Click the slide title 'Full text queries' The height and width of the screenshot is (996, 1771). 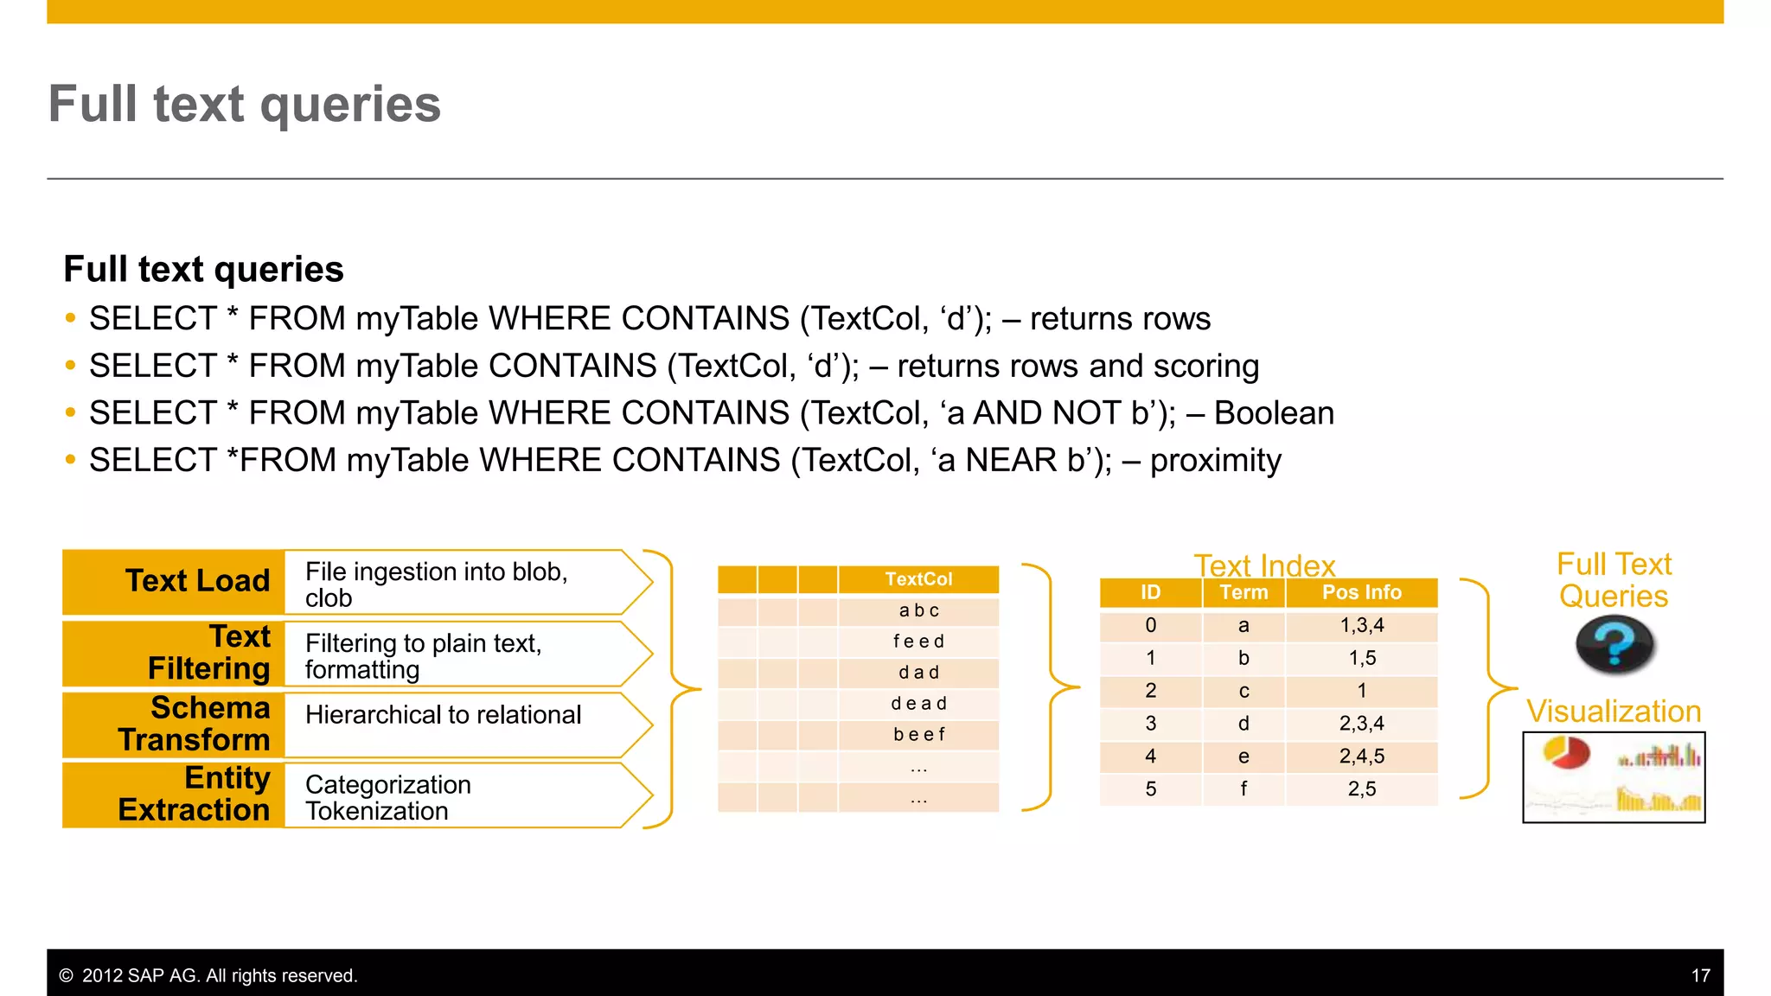click(x=245, y=105)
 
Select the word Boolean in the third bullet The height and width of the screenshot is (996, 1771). click(x=1274, y=413)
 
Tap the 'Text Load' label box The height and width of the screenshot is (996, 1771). click(x=174, y=581)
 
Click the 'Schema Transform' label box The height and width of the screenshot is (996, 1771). click(x=174, y=725)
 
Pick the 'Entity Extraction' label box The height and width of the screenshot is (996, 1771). click(x=174, y=795)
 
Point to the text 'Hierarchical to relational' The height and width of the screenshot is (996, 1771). click(x=443, y=715)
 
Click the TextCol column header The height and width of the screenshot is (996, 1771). click(x=918, y=579)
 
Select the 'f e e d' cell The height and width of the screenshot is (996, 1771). click(x=918, y=642)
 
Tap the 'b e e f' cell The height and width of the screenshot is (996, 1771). click(x=918, y=735)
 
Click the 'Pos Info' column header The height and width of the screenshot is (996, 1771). click(x=1361, y=593)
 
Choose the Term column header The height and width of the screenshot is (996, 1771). click(x=1244, y=593)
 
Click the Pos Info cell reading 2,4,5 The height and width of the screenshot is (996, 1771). click(x=1361, y=757)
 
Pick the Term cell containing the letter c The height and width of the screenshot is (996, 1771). click(x=1244, y=691)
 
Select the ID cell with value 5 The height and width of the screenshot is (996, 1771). click(x=1150, y=789)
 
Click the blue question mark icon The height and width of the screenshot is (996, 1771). click(x=1614, y=644)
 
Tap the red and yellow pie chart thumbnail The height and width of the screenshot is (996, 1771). click(x=1566, y=752)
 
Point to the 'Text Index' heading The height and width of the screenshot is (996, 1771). click(x=1264, y=565)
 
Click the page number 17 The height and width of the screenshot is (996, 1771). click(x=1700, y=976)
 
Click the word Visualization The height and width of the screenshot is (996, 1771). click(x=1614, y=712)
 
